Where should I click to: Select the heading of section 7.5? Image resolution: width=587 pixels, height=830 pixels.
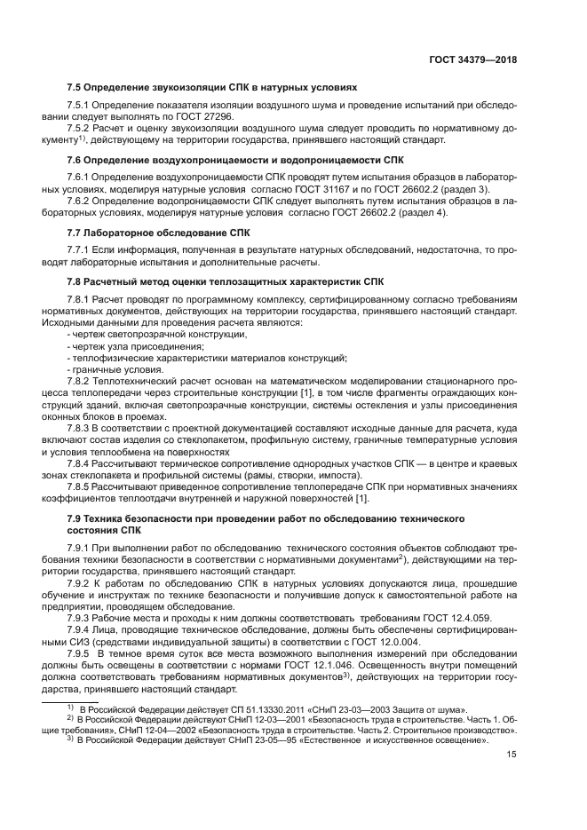(212, 89)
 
